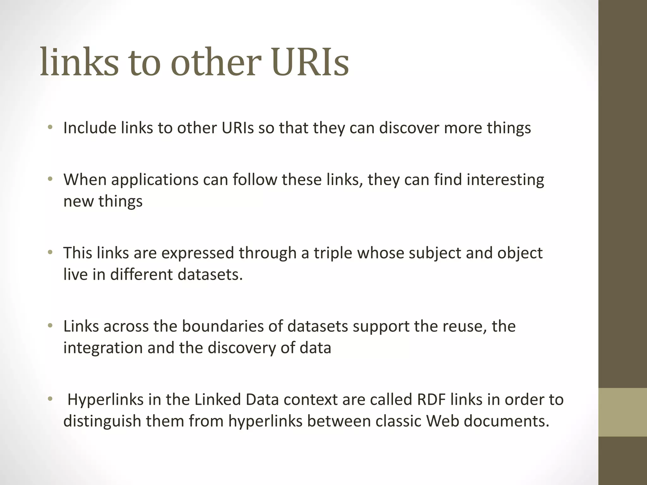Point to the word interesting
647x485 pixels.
click(x=505, y=180)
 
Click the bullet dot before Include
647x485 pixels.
click(x=50, y=128)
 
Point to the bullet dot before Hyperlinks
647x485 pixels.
click(x=50, y=399)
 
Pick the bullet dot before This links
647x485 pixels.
click(x=50, y=253)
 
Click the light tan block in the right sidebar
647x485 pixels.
click(x=622, y=412)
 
